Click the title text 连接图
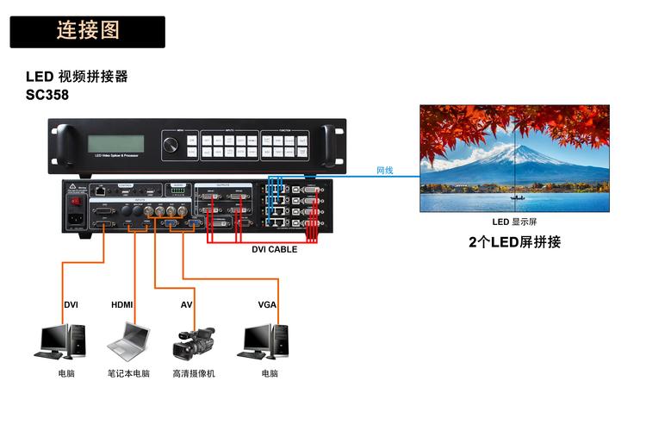coord(88,31)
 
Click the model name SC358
coord(47,95)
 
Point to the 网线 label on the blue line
coord(384,171)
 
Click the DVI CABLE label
coord(274,249)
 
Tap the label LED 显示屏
coord(514,222)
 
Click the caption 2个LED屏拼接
coord(514,242)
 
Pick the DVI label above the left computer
coord(71,305)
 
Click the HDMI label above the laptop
coord(122,305)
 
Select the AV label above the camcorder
coord(186,305)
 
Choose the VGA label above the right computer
coord(267,305)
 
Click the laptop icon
coord(127,340)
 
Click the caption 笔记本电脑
coord(128,373)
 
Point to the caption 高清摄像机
coord(193,373)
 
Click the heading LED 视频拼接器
coord(77,77)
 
